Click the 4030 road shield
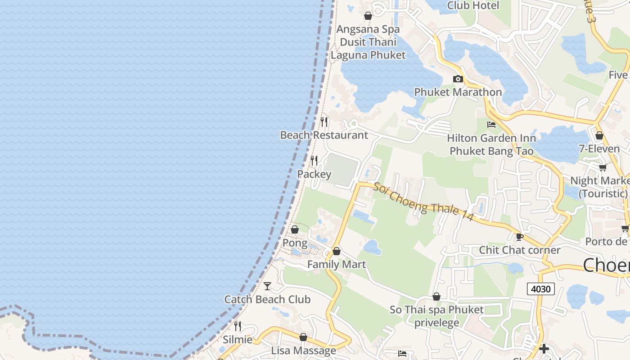(x=540, y=288)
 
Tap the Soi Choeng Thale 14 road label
(x=423, y=201)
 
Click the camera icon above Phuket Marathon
(x=458, y=79)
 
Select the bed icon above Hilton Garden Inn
(x=491, y=125)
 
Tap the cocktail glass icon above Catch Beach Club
(x=267, y=286)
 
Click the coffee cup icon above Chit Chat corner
(x=519, y=237)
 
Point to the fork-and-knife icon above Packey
(x=314, y=160)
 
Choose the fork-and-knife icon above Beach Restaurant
(x=324, y=121)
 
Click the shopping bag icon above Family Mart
(x=336, y=251)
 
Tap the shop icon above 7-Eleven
(x=599, y=135)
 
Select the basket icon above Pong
(x=295, y=230)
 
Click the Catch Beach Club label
(x=267, y=299)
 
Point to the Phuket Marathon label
(x=458, y=92)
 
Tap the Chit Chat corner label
(x=519, y=250)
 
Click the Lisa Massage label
(x=303, y=351)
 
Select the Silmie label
(x=237, y=339)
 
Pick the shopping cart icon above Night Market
(x=602, y=168)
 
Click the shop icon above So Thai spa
(x=436, y=297)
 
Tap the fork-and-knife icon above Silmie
(x=237, y=326)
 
